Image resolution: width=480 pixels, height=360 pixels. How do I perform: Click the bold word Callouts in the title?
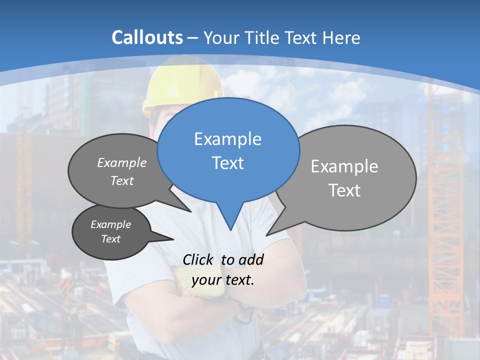[147, 37]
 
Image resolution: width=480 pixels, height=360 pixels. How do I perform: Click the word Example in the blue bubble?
[227, 139]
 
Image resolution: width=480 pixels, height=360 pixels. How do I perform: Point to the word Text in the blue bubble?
[227, 162]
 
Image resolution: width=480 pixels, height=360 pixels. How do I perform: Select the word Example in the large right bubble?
[344, 166]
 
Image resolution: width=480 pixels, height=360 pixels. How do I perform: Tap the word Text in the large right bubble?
[344, 190]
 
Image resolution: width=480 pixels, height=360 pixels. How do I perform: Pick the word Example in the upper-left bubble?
[122, 162]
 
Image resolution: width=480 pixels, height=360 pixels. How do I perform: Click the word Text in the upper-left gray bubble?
[122, 180]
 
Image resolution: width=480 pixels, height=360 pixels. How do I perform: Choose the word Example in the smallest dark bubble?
[110, 224]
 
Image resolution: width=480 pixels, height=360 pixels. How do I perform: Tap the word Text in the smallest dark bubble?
[110, 239]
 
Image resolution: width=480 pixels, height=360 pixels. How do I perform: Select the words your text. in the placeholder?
[223, 280]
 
